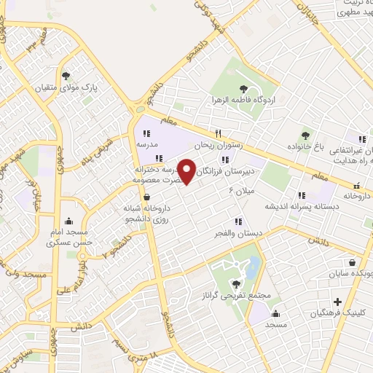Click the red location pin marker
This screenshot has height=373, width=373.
click(x=187, y=173)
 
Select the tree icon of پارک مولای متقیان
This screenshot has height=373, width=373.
click(x=66, y=75)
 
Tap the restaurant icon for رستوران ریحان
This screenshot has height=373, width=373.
click(x=216, y=133)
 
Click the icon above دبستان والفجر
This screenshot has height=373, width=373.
click(x=237, y=221)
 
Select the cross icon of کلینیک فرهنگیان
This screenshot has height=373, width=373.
click(x=337, y=302)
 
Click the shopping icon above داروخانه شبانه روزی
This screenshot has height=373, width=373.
click(x=148, y=197)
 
